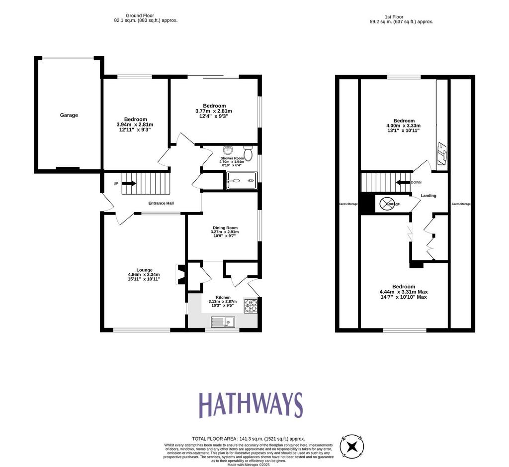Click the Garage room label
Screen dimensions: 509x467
coord(69,115)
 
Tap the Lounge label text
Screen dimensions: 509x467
coord(145,270)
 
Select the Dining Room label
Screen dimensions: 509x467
coord(225,228)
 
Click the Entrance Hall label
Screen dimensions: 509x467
coord(161,203)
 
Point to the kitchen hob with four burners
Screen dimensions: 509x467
coord(251,306)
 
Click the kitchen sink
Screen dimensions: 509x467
coord(223,322)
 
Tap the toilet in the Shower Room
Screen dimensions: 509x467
coord(249,153)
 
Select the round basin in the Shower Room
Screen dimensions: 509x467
coord(228,150)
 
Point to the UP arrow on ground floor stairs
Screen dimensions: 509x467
coord(129,183)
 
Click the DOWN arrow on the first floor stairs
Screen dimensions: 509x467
coord(403,182)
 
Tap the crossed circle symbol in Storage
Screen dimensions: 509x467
coord(387,204)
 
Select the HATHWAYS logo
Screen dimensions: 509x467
coord(251,405)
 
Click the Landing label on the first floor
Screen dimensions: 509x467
coord(428,196)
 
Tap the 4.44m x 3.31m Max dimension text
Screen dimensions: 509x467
coord(404,292)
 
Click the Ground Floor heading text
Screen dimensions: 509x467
coord(140,15)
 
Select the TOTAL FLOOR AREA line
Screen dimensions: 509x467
coord(249,439)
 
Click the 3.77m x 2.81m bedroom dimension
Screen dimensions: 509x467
coord(214,111)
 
